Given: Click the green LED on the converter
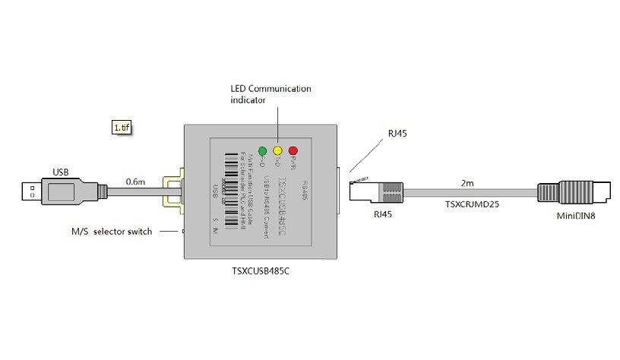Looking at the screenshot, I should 262,150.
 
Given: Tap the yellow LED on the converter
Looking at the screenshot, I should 277,150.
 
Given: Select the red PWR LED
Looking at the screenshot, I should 293,150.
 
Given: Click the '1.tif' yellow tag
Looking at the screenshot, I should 122,128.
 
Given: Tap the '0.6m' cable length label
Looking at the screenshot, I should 136,181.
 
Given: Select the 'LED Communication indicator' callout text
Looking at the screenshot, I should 270,94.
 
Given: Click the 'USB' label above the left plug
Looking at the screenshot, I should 61,171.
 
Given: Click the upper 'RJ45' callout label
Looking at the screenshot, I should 397,133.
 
